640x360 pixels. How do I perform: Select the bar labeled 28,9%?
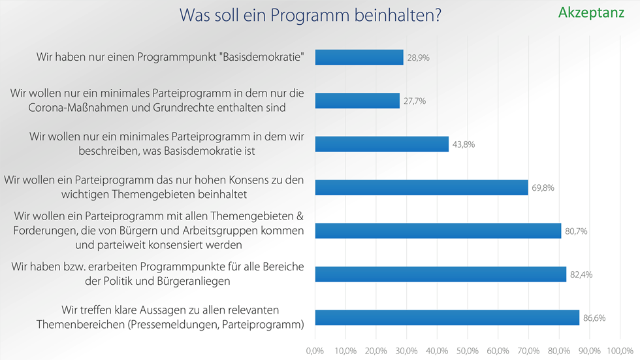tap(359, 57)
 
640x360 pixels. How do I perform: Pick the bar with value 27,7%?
tap(357, 101)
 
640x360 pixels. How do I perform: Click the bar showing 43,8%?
tap(381, 144)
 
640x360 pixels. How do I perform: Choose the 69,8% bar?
tap(421, 188)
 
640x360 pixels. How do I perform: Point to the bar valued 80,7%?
tap(438, 231)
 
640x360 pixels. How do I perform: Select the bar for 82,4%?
tap(440, 274)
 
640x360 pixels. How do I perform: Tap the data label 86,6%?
tap(595, 318)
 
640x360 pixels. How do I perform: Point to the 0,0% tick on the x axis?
tap(315, 352)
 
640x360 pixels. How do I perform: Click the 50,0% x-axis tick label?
tap(468, 352)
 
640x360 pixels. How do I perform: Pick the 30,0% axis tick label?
tap(406, 352)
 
